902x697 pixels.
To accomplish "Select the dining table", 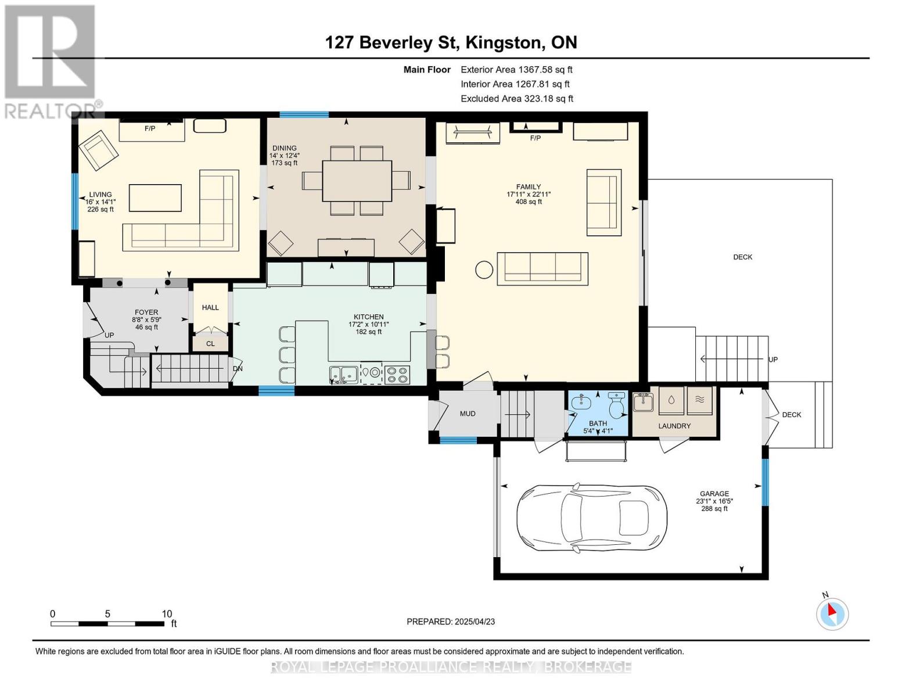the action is (357, 181).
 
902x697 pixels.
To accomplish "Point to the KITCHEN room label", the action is (369, 317).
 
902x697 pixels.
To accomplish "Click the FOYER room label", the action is (146, 312).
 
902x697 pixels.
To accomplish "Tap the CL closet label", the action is (210, 344).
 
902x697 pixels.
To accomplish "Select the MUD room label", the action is (468, 414).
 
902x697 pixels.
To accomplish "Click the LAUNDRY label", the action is (674, 426).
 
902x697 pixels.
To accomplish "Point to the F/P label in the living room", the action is (150, 129).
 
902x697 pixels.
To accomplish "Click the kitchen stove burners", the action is (397, 375).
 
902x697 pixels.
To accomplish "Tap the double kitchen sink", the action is (344, 375).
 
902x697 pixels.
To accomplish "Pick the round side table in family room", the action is (484, 270).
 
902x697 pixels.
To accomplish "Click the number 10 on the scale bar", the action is (167, 614).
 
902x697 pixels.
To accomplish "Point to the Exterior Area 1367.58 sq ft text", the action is (516, 70).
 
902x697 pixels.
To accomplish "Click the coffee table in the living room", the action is (155, 199).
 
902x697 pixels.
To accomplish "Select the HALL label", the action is (210, 308).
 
